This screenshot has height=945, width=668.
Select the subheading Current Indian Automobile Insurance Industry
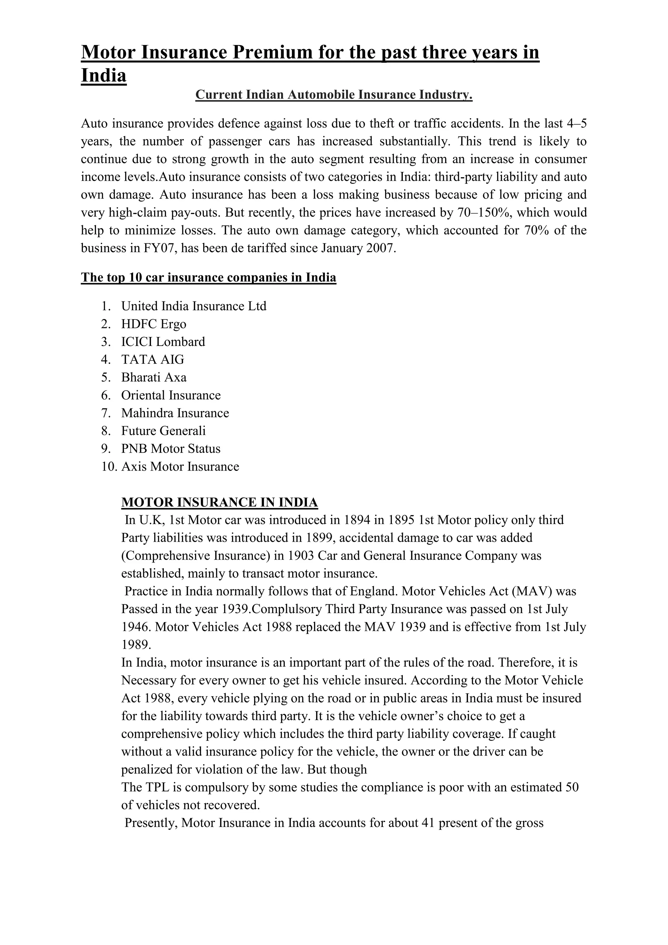coord(334,95)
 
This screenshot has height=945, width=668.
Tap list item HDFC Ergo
coord(153,324)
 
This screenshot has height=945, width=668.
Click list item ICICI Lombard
coord(163,342)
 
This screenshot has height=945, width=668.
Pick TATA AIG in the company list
coord(153,359)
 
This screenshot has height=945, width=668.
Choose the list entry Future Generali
coord(163,430)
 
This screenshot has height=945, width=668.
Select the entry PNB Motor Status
coord(171,448)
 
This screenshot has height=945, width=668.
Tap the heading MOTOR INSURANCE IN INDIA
coord(219,502)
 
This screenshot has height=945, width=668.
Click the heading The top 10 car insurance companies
coord(208,277)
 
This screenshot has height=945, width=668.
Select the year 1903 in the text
coord(301,556)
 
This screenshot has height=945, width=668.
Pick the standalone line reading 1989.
coord(136,644)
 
